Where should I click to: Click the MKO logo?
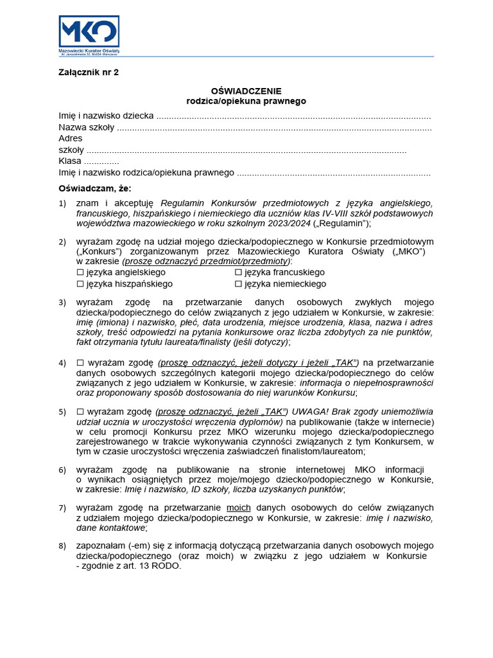[x=89, y=33]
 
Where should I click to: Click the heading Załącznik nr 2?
[x=89, y=73]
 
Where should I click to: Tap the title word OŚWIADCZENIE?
[x=246, y=91]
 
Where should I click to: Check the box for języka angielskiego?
[x=80, y=272]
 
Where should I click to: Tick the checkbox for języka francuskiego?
[x=238, y=272]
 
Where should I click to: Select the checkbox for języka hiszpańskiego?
[x=80, y=283]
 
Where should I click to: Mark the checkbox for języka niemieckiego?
[x=238, y=283]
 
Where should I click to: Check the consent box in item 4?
[x=80, y=362]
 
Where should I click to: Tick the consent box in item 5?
[x=80, y=411]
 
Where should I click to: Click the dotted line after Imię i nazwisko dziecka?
[x=293, y=116]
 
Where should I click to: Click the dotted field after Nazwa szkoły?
[x=274, y=128]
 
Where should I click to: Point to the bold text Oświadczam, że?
[x=94, y=189]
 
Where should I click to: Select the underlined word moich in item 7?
[x=239, y=508]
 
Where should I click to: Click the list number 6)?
[x=62, y=470]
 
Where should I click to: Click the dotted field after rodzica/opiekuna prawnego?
[x=334, y=173]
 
